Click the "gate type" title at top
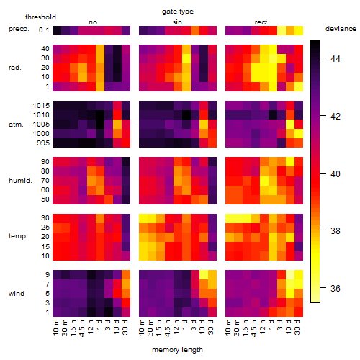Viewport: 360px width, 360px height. click(x=178, y=12)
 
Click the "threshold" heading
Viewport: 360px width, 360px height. click(x=40, y=17)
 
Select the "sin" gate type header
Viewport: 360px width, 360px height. click(x=177, y=22)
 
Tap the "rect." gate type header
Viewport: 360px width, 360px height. click(x=262, y=22)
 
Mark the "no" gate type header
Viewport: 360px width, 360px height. click(x=93, y=22)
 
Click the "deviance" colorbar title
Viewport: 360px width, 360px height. click(x=341, y=29)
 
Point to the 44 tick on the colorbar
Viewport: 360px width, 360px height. click(x=336, y=58)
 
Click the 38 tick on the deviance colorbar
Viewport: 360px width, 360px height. click(x=336, y=230)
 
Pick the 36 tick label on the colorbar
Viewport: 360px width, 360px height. click(x=336, y=288)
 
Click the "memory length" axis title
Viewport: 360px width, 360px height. click(x=177, y=350)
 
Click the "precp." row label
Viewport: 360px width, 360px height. click(x=19, y=29)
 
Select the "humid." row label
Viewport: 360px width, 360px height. click(x=20, y=181)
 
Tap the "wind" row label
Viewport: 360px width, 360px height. click(x=17, y=294)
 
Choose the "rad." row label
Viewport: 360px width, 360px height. click(x=15, y=68)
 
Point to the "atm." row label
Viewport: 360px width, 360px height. click(x=16, y=125)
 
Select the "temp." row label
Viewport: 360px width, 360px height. click(x=18, y=236)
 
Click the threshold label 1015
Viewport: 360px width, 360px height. click(x=41, y=106)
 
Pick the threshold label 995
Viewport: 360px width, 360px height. click(x=43, y=143)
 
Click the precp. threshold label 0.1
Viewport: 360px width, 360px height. click(x=44, y=30)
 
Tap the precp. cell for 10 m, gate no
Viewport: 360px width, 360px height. click(x=57, y=30)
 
